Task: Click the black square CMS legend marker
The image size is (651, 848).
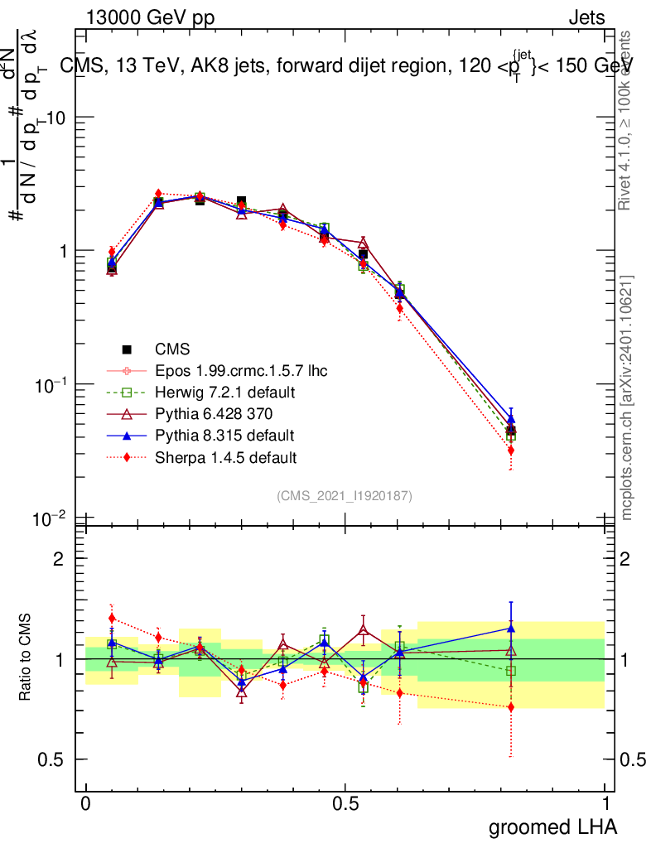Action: [x=127, y=349]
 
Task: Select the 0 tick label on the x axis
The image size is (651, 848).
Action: [x=85, y=802]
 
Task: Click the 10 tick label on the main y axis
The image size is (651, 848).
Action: [x=55, y=118]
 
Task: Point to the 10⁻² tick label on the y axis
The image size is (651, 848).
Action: [x=50, y=518]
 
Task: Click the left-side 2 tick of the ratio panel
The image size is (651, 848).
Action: [x=59, y=559]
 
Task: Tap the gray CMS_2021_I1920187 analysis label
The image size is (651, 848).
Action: [x=345, y=495]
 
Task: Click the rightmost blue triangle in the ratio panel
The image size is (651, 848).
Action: [x=511, y=629]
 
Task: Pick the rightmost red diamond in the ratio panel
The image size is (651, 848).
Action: [x=511, y=706]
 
